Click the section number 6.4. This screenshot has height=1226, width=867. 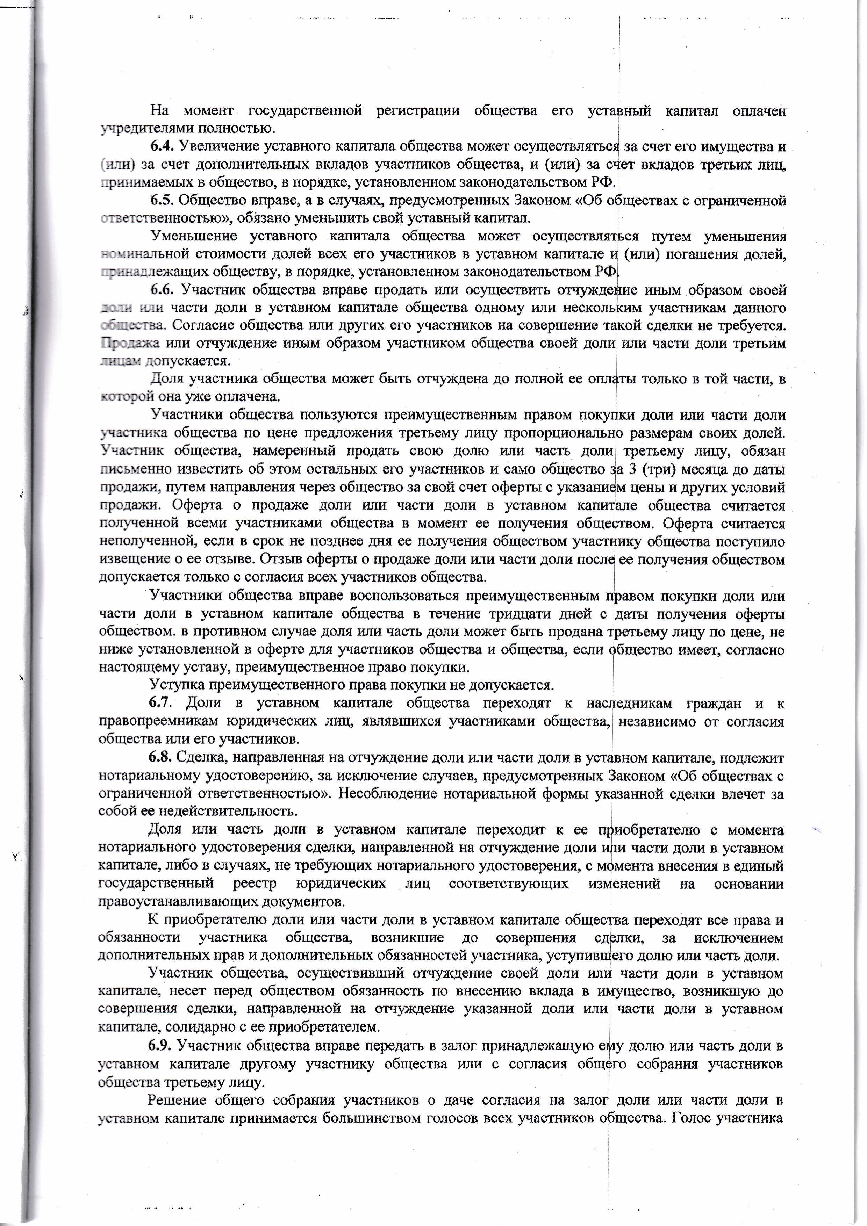[163, 146]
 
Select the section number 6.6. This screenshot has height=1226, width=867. [163, 290]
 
